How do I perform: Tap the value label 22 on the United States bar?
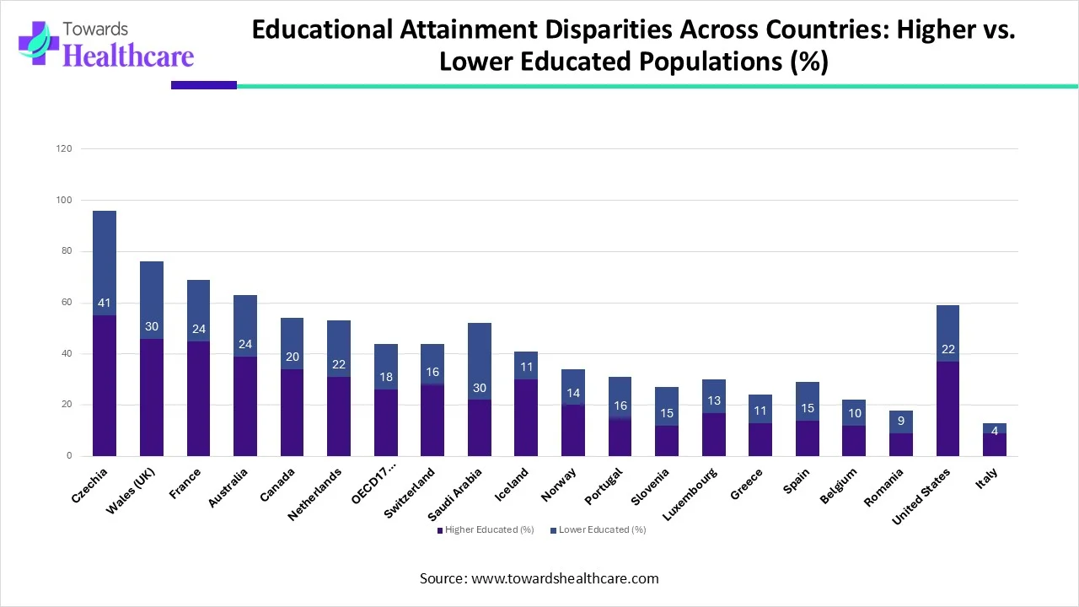click(947, 349)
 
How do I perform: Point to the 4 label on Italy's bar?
click(995, 431)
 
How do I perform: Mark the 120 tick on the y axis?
click(65, 148)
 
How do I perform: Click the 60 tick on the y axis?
click(65, 303)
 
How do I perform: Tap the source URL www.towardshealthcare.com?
click(565, 578)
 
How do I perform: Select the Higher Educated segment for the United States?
click(947, 409)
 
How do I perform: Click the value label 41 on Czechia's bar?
click(105, 303)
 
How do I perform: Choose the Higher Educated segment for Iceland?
click(526, 417)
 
